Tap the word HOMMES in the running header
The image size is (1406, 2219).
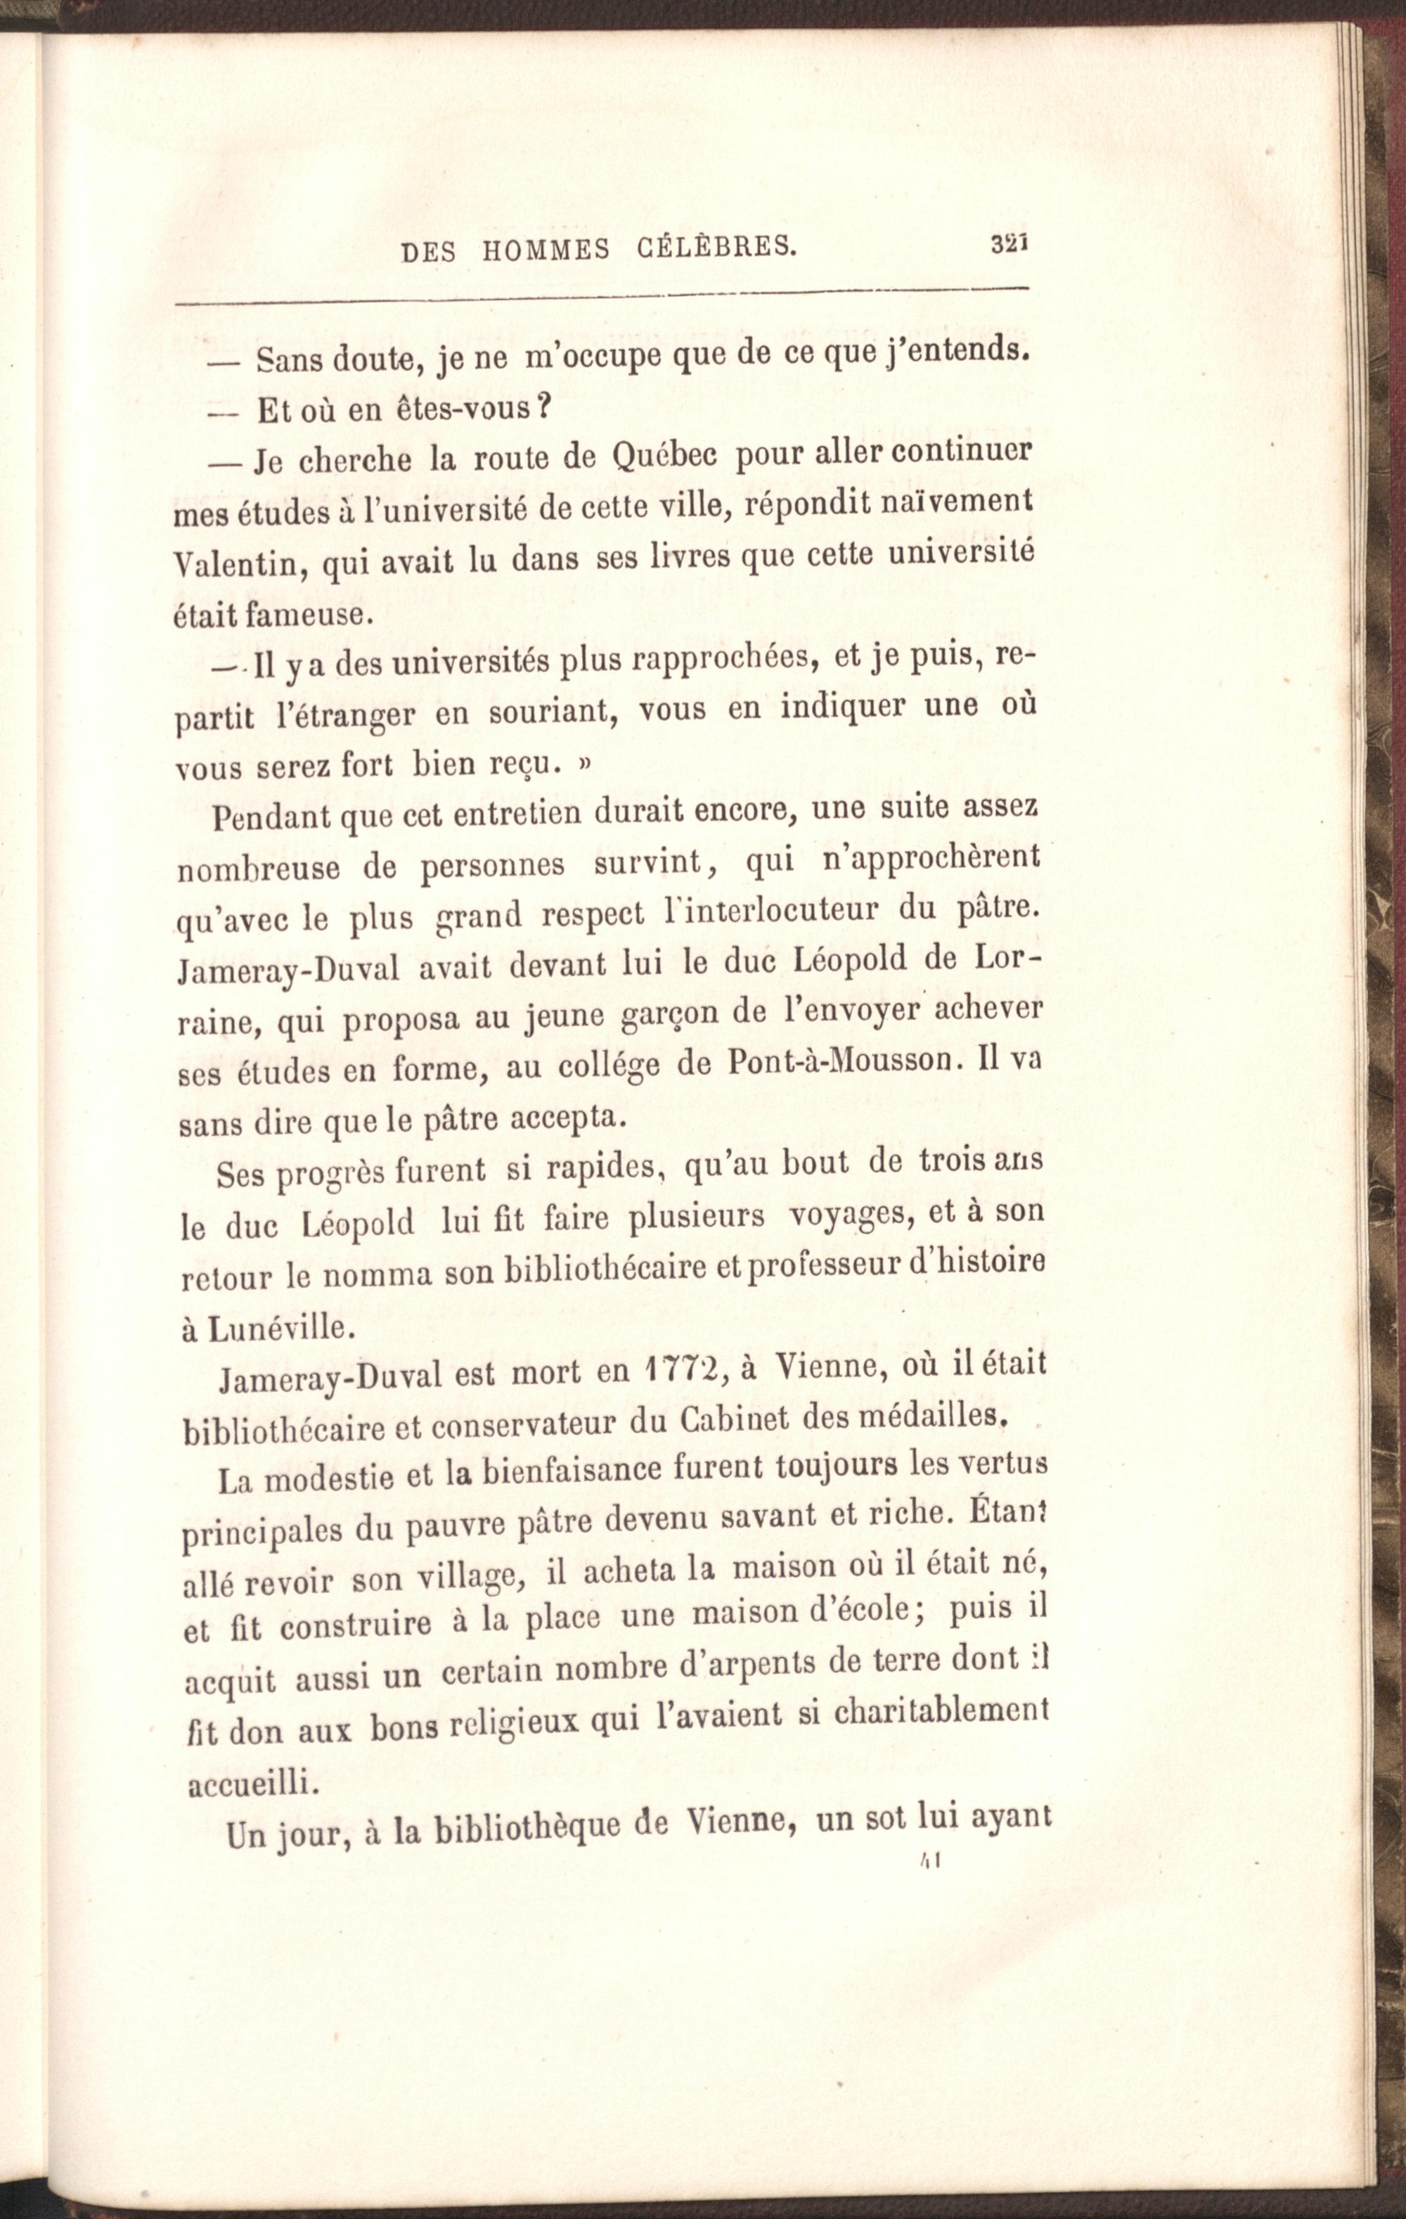pos(546,250)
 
